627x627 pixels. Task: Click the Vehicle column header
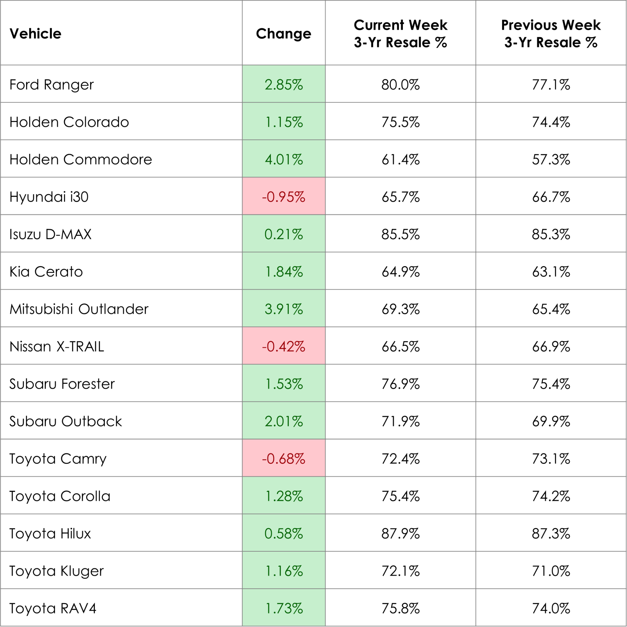pos(36,34)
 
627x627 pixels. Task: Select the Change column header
pos(283,34)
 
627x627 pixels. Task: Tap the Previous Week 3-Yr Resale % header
pos(551,34)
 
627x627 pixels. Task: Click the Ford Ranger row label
pos(52,85)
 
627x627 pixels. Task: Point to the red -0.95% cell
pos(283,197)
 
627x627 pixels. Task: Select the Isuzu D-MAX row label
pos(51,234)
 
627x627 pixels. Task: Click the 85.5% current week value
pos(400,234)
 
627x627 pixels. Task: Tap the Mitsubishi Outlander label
pos(79,309)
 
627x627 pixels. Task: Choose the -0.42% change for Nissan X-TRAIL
pos(283,347)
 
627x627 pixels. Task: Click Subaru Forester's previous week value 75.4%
pos(551,384)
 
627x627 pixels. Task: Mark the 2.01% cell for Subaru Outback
pos(283,421)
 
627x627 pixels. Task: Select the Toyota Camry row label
pos(58,459)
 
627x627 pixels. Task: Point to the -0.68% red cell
pos(283,459)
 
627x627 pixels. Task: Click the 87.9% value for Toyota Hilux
pos(400,534)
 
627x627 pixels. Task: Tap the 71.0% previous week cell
pos(551,571)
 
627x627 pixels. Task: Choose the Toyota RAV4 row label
pos(53,608)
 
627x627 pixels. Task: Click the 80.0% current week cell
pos(400,85)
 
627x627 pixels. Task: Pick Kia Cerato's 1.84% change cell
pos(283,272)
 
